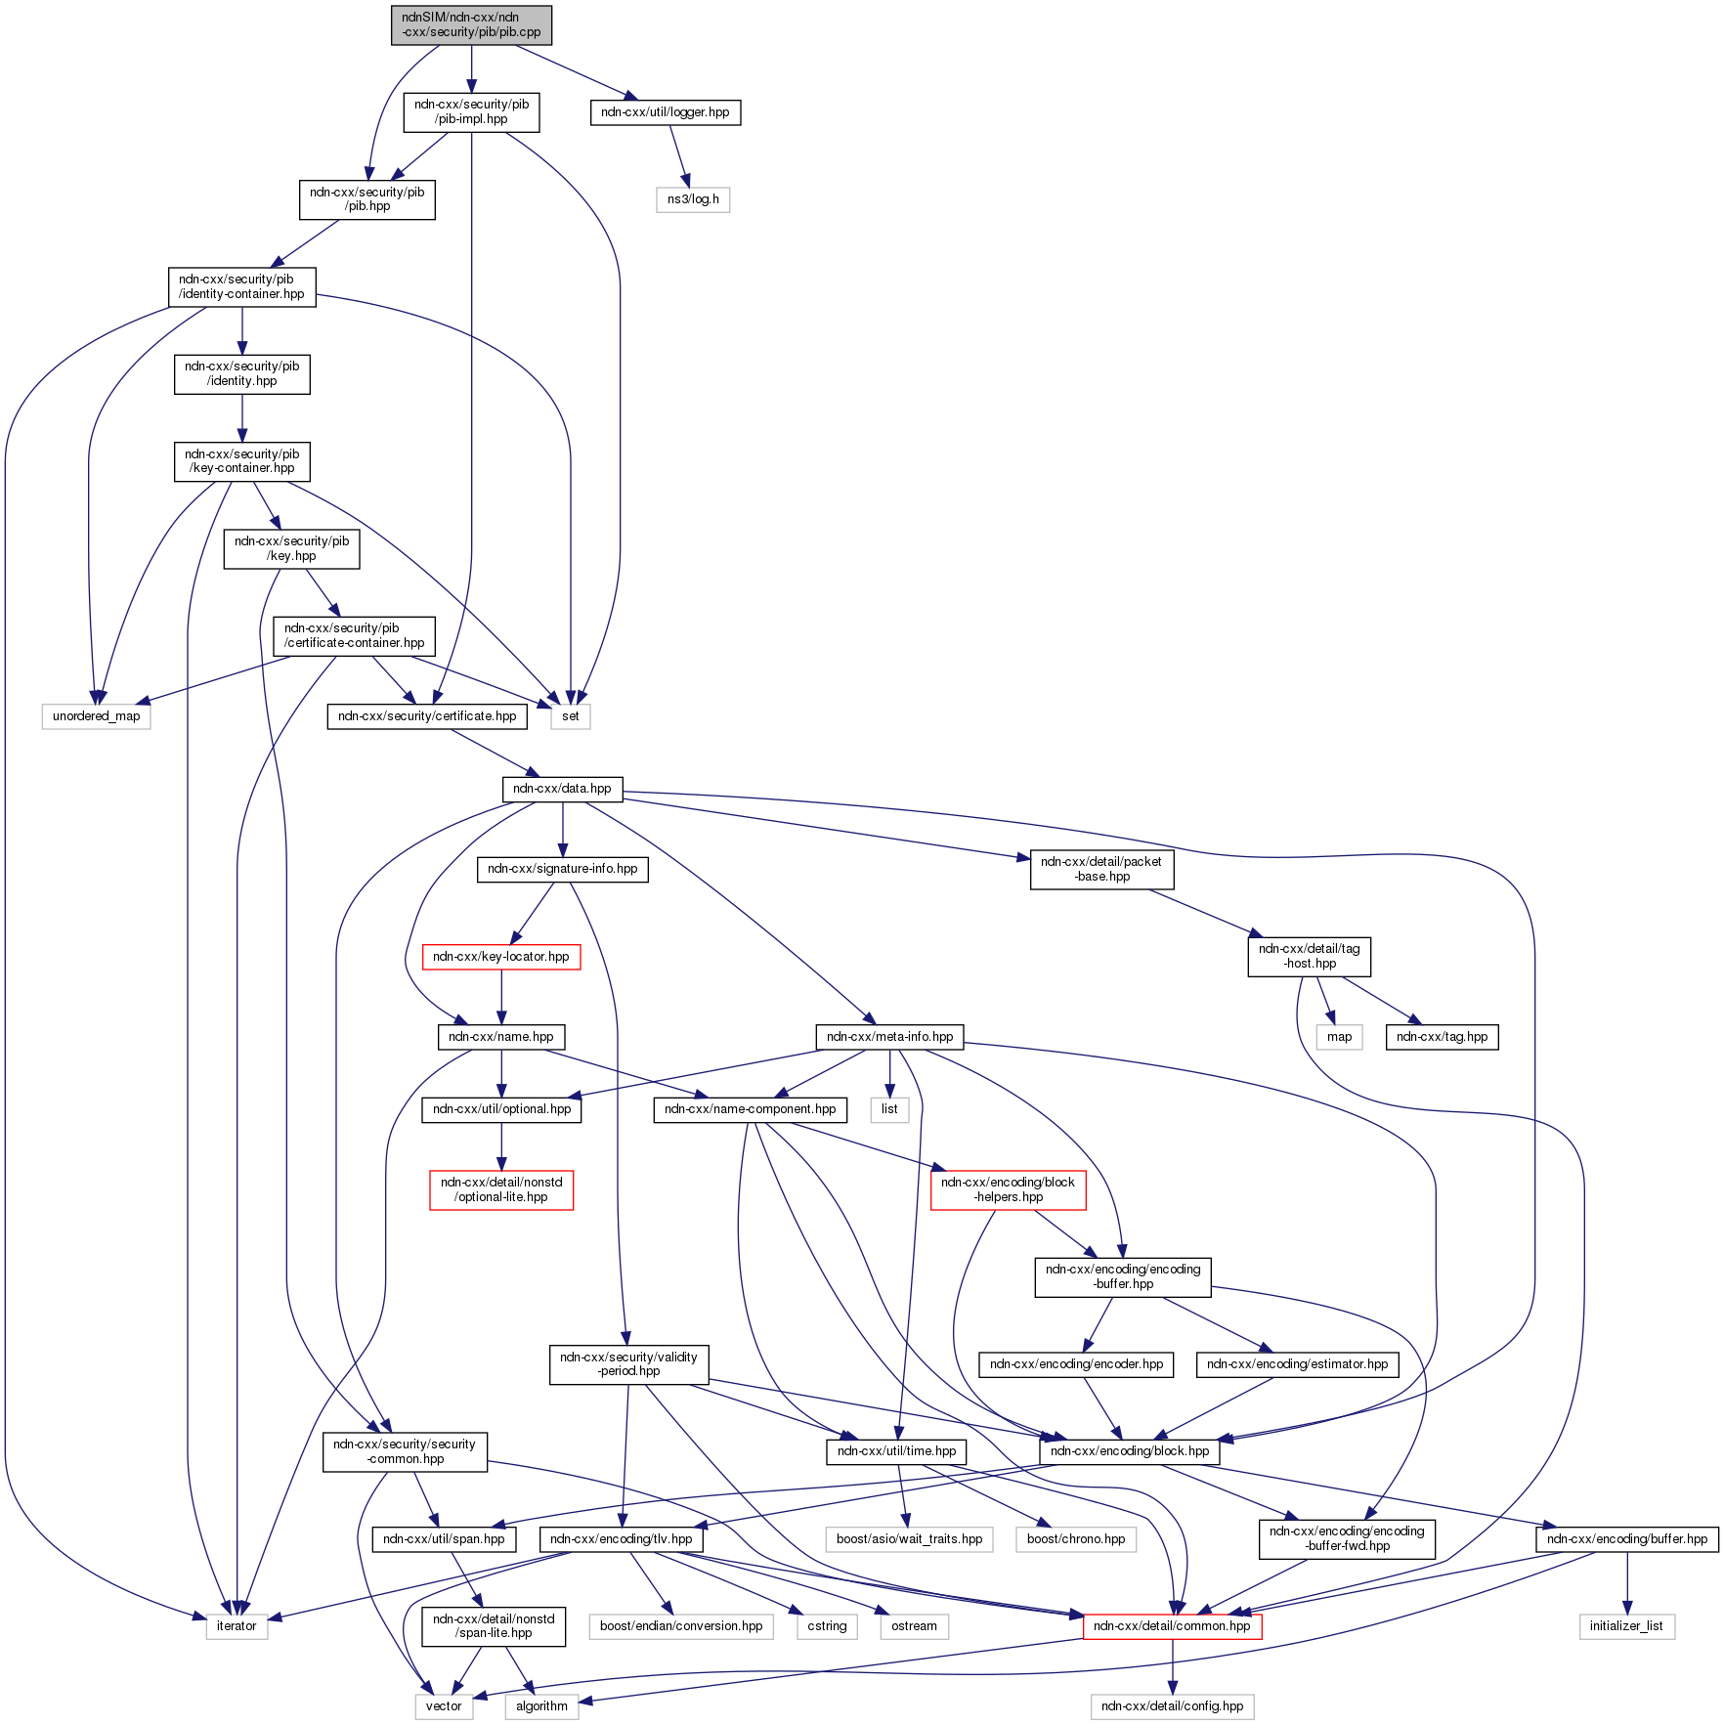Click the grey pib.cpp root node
point(471,24)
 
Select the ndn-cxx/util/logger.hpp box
point(665,112)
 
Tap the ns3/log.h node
point(693,199)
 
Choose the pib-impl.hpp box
point(471,111)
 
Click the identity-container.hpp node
point(241,286)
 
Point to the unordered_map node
point(96,716)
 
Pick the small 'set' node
point(571,716)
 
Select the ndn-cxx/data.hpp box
point(562,789)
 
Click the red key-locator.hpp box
point(500,957)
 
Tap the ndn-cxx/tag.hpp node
point(1442,1037)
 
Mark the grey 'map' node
point(1339,1037)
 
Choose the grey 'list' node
point(889,1109)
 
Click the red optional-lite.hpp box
point(501,1189)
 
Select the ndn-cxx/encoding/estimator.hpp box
point(1297,1364)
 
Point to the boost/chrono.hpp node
point(1076,1539)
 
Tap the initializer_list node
point(1627,1626)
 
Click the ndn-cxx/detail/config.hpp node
point(1172,1706)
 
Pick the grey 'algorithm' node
point(541,1706)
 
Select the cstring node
point(827,1626)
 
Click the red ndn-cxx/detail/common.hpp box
point(1172,1626)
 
